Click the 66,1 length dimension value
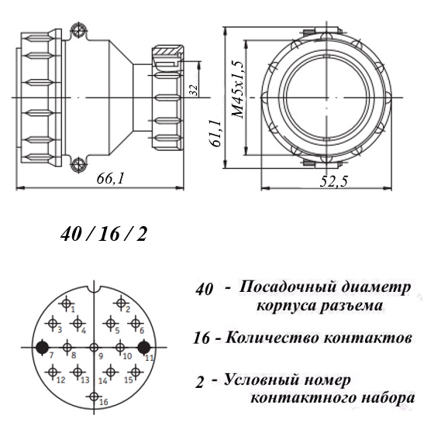111,179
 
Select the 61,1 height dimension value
216,133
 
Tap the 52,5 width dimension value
333,181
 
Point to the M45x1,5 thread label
238,89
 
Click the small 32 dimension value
194,90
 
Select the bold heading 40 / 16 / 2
104,235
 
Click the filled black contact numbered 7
43,348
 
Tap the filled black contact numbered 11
144,348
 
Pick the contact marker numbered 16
94,396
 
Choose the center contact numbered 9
94,348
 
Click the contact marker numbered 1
67,303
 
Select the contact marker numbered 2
121,303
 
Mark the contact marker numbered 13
78,372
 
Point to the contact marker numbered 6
136,324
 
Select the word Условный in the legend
261,381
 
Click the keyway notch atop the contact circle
94,290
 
